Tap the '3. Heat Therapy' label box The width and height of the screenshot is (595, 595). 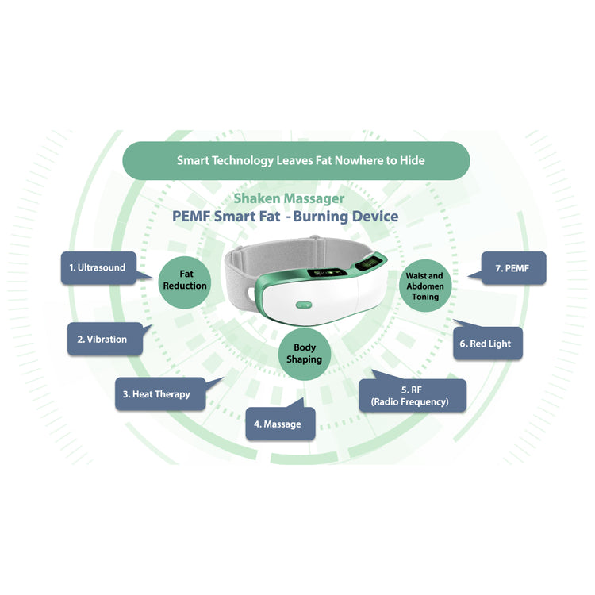pyautogui.click(x=156, y=394)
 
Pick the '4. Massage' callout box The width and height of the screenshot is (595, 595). pyautogui.click(x=278, y=424)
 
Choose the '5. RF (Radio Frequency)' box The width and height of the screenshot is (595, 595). pyautogui.click(x=413, y=395)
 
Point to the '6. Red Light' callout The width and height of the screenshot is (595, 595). pyautogui.click(x=485, y=344)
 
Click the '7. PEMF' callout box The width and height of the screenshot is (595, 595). pyautogui.click(x=511, y=268)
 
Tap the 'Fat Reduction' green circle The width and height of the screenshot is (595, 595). pyautogui.click(x=185, y=279)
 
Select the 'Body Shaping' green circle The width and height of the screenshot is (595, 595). pyautogui.click(x=305, y=353)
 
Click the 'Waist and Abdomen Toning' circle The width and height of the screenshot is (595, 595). pyautogui.click(x=425, y=286)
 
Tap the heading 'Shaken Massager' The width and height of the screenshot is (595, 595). pyautogui.click(x=289, y=198)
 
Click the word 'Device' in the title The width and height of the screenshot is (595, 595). pyautogui.click(x=374, y=216)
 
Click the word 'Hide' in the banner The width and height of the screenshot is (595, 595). pyautogui.click(x=410, y=160)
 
